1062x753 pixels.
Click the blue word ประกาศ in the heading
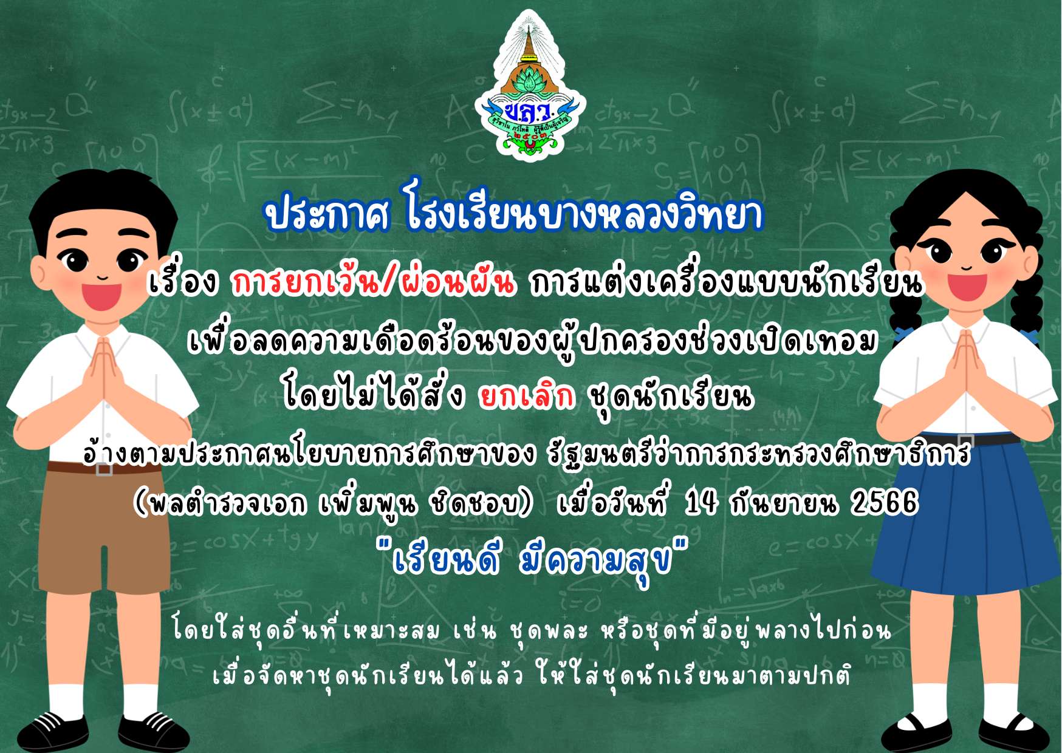(x=327, y=214)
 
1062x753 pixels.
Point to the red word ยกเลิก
(x=526, y=396)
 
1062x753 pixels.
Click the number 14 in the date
(x=701, y=502)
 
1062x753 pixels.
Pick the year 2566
(x=884, y=502)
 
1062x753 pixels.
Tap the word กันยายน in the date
(x=783, y=503)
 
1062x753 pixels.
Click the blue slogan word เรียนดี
(x=446, y=560)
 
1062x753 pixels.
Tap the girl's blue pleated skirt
(x=966, y=516)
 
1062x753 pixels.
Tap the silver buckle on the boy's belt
(x=104, y=469)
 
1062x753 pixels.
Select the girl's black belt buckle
(x=965, y=440)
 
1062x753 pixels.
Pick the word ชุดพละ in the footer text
(x=549, y=632)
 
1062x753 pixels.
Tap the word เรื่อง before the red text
(x=183, y=282)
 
